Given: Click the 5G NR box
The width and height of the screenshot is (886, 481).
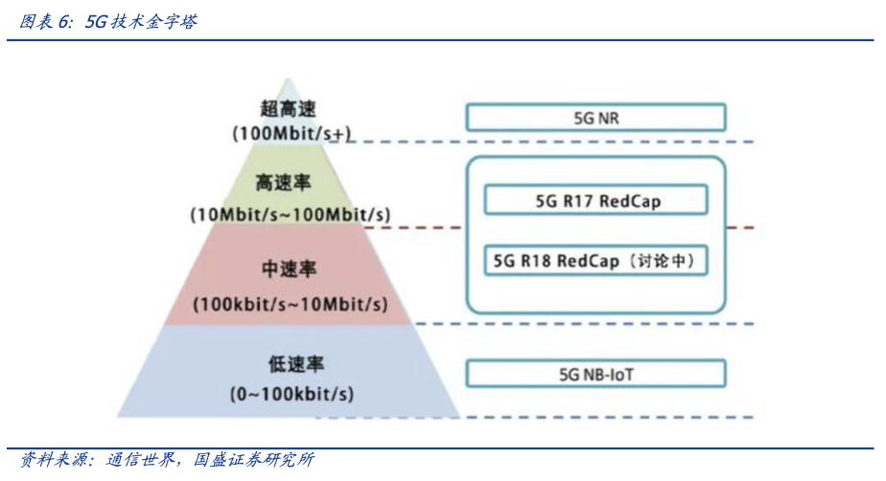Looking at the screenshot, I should point(595,118).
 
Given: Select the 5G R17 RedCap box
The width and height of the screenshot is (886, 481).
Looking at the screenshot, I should point(595,201).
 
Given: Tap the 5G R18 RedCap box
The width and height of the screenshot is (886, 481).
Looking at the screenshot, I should point(595,260).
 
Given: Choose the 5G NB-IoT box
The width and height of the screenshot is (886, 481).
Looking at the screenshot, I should point(595,374).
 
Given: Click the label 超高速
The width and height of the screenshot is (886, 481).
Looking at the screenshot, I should point(288,109).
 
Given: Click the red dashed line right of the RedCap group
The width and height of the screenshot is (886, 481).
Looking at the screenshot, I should point(740,228).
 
